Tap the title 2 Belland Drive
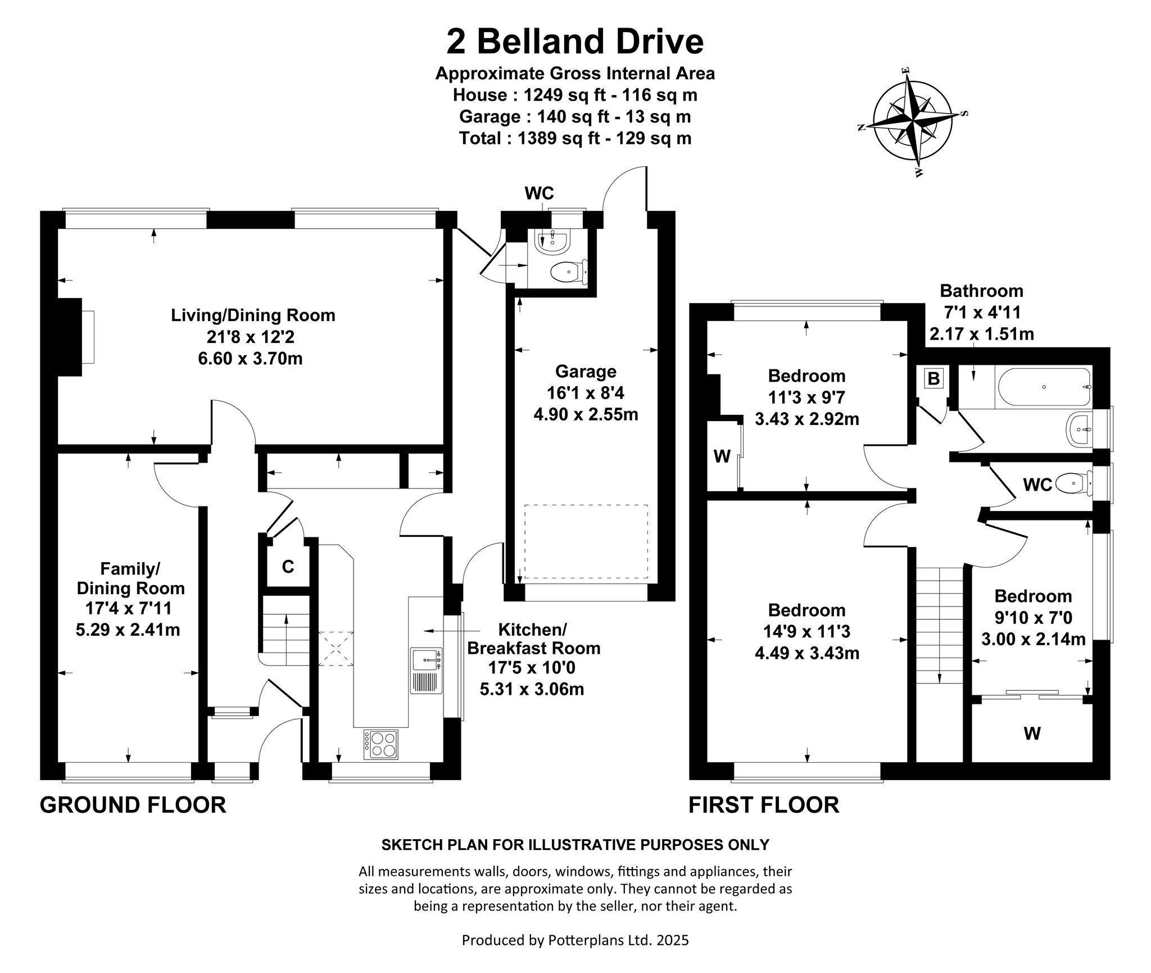(x=575, y=42)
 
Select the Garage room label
(x=586, y=372)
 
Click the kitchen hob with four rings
(x=380, y=744)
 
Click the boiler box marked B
(x=934, y=378)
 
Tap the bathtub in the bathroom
(x=1043, y=387)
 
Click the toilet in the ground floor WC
(x=569, y=273)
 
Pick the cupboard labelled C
(x=288, y=567)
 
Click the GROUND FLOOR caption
(x=133, y=805)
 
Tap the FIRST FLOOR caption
(x=764, y=805)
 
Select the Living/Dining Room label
(x=253, y=315)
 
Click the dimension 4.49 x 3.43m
(x=807, y=653)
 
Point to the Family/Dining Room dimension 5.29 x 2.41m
(x=128, y=630)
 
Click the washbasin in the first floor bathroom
(x=1080, y=431)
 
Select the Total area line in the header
(x=575, y=138)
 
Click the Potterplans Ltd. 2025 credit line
(x=575, y=940)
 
